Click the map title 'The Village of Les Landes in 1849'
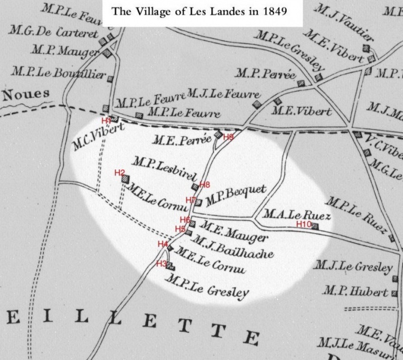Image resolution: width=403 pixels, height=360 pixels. pos(201,10)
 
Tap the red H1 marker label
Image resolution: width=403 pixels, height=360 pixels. pos(106,121)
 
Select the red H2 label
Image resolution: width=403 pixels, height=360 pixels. pos(119,173)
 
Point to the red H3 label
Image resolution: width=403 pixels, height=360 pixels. pos(161,264)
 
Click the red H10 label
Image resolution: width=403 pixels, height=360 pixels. pos(304,224)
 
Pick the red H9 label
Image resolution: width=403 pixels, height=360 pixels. pos(228,137)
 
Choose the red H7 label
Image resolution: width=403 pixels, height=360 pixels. pos(191,200)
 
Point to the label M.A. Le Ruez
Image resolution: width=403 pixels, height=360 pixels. pos(288,214)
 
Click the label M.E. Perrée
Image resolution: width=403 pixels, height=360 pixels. pos(181,142)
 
